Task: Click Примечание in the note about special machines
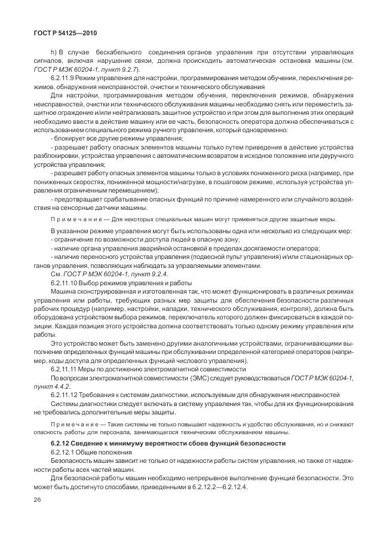pyautogui.click(x=75, y=219)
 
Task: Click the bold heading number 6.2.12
pyautogui.click(x=63, y=443)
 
